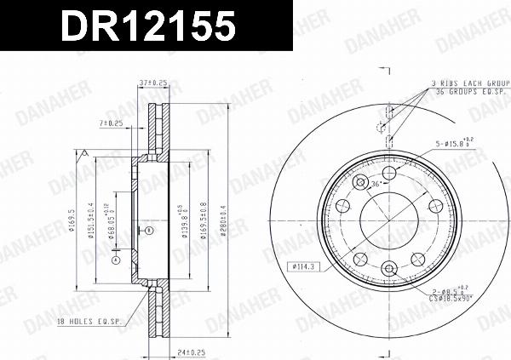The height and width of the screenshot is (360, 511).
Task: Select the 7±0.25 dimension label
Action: click(112, 123)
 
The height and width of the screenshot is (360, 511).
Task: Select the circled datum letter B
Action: click(148, 230)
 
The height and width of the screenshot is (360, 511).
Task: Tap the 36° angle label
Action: click(376, 184)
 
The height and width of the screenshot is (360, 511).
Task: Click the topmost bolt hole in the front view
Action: click(388, 174)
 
